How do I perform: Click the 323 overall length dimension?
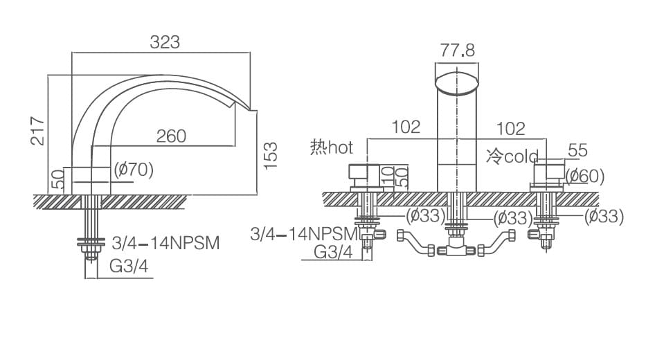pyautogui.click(x=165, y=42)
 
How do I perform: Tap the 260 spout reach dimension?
pyautogui.click(x=171, y=136)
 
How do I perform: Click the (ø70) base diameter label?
pyautogui.click(x=132, y=170)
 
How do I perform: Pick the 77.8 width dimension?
pyautogui.click(x=458, y=51)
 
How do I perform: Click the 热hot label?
pyautogui.click(x=332, y=147)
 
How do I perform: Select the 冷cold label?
pyautogui.click(x=512, y=156)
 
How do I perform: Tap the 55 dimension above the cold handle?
pyautogui.click(x=577, y=150)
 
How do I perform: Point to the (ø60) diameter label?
pyautogui.click(x=585, y=176)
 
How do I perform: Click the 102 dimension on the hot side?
pyautogui.click(x=406, y=127)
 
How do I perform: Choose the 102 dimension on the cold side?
pyautogui.click(x=511, y=129)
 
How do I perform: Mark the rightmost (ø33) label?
pyautogui.click(x=604, y=216)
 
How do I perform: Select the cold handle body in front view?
pyautogui.click(x=548, y=176)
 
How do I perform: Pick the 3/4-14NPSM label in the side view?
pyautogui.click(x=165, y=243)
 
